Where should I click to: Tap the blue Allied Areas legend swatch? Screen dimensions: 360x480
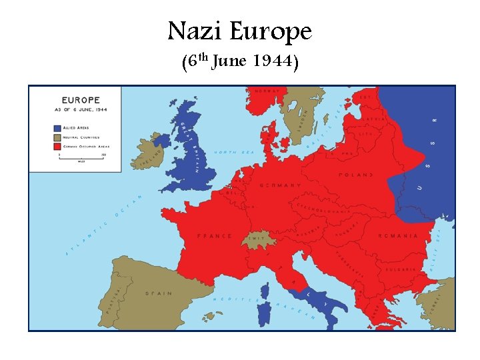pyautogui.click(x=57, y=127)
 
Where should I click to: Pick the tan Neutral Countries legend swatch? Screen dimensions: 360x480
pyautogui.click(x=57, y=137)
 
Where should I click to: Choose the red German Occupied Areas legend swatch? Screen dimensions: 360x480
pyautogui.click(x=57, y=145)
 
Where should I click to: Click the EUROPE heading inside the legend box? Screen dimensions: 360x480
pyautogui.click(x=81, y=101)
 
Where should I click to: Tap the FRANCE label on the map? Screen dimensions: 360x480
pyautogui.click(x=214, y=236)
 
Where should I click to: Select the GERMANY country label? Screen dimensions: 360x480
pyautogui.click(x=279, y=185)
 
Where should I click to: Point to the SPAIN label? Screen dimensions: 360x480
pyautogui.click(x=158, y=293)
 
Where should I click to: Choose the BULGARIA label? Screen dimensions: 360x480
pyautogui.click(x=400, y=269)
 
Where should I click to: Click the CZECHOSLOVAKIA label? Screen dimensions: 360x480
pyautogui.click(x=322, y=206)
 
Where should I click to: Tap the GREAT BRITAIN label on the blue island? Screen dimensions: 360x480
pyautogui.click(x=188, y=147)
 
